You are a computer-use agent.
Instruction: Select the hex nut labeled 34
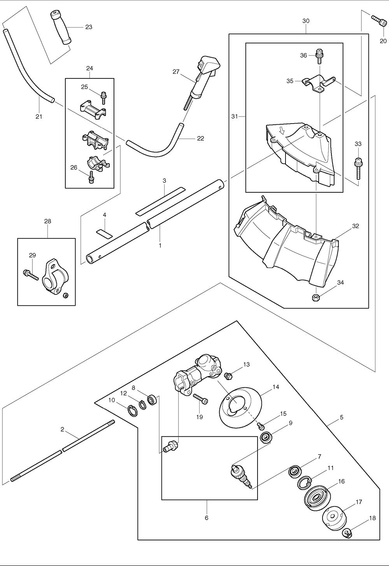click(316, 298)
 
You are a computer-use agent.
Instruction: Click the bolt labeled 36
click(319, 56)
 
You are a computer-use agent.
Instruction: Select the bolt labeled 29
click(30, 274)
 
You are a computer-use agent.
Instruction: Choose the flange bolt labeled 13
click(229, 375)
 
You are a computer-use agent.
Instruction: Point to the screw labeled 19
click(200, 399)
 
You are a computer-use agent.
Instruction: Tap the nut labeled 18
click(348, 533)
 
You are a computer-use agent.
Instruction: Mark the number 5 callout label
click(341, 418)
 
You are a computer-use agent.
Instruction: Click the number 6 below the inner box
click(207, 518)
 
